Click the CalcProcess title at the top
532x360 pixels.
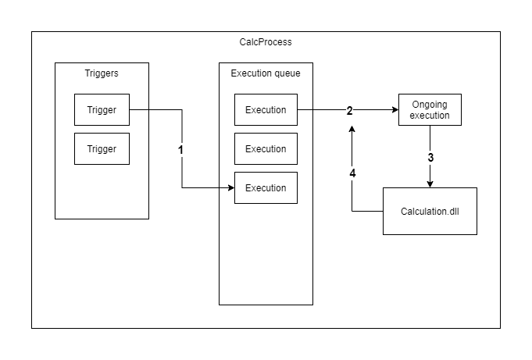[x=266, y=42]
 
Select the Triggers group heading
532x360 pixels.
[x=102, y=73]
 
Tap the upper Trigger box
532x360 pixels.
[x=102, y=110]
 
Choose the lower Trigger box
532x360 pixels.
[x=102, y=149]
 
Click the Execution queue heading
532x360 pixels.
[x=266, y=73]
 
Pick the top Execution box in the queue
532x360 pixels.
[x=266, y=110]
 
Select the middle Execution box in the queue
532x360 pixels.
[x=266, y=149]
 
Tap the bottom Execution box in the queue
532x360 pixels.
[x=266, y=188]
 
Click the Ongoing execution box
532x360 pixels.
[x=430, y=110]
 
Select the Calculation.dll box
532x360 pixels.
[x=430, y=212]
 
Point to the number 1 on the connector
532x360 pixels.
[x=181, y=149]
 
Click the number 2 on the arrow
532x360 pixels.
[x=350, y=110]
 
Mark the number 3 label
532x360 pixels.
[x=430, y=157]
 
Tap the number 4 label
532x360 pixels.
[x=352, y=173]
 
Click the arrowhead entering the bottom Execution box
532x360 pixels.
[x=231, y=188]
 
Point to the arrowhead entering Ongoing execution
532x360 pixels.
[x=395, y=110]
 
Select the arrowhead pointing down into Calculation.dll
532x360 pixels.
[x=430, y=184]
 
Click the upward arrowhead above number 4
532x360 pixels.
[x=352, y=130]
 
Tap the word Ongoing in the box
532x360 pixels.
[x=430, y=105]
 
